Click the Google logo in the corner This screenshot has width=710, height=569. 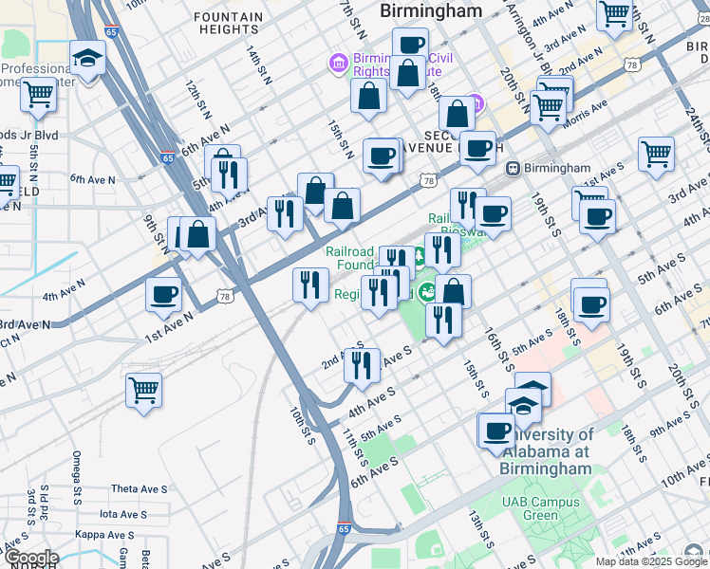30,558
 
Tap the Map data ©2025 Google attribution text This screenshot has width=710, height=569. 650,561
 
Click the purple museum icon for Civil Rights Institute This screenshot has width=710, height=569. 337,63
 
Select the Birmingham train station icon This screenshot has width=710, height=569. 514,168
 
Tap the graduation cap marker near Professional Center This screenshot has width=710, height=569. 87,59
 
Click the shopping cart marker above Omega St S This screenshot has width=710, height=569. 143,389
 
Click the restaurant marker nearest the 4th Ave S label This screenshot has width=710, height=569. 360,365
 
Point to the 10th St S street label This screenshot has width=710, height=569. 303,428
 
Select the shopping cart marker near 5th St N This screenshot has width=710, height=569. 38,95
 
